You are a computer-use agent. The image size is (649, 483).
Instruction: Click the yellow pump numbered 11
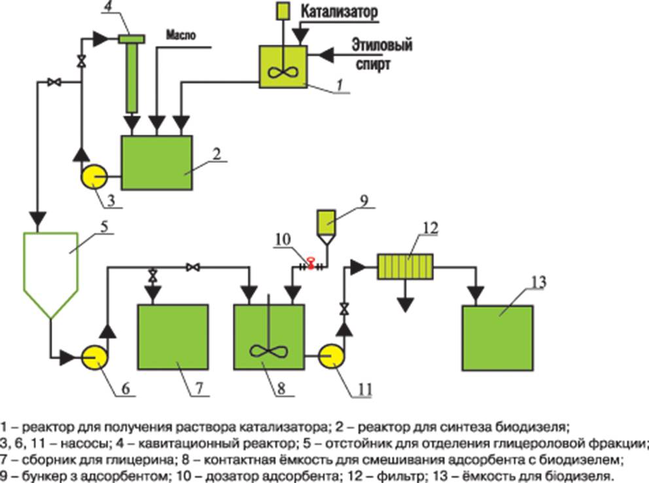tap(332, 357)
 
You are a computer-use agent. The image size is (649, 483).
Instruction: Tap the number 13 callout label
tap(538, 283)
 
